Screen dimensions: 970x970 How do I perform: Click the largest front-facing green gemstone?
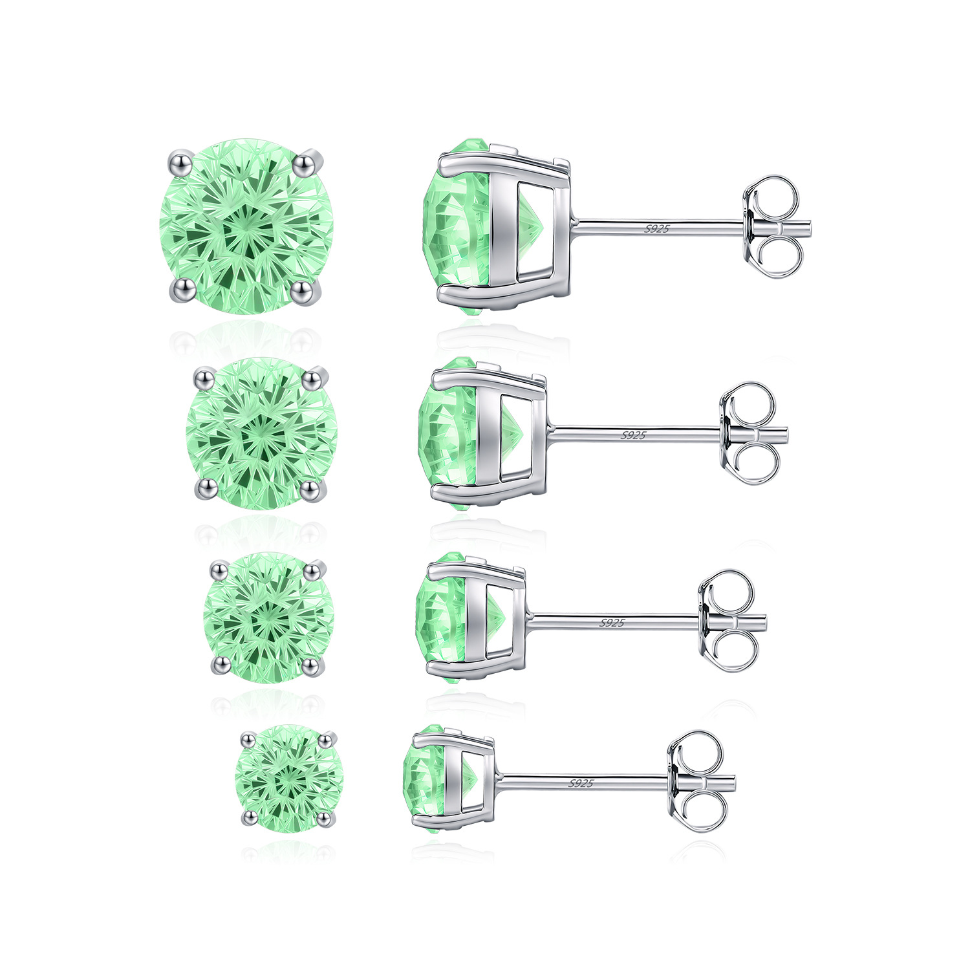[x=246, y=226]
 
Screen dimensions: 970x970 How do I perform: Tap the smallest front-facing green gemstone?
[x=289, y=778]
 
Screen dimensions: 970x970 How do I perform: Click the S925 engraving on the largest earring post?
[x=657, y=228]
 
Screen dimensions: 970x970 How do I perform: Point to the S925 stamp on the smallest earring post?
[x=581, y=783]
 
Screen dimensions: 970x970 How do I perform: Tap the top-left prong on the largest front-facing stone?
[x=179, y=161]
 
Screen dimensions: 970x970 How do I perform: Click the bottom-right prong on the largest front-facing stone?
[x=302, y=292]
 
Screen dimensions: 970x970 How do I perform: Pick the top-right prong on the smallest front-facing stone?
[x=327, y=737]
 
